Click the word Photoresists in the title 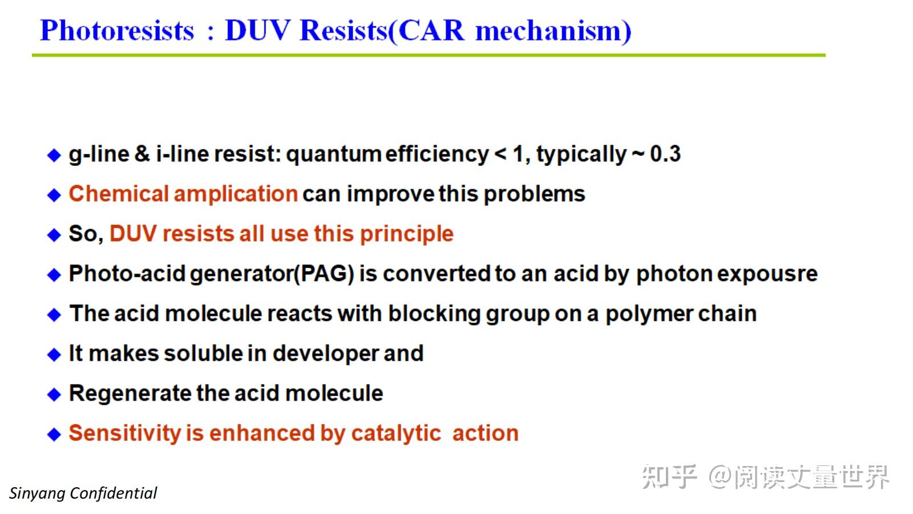(x=118, y=31)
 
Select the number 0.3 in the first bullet (x=665, y=154)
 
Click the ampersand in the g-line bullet (x=142, y=154)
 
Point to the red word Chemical (x=119, y=194)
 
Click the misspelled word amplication (x=236, y=194)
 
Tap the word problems (x=534, y=194)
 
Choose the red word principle (x=407, y=234)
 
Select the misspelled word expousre (x=767, y=274)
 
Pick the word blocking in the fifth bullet (x=434, y=314)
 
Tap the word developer (x=326, y=354)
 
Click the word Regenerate (x=130, y=393)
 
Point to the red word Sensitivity (x=125, y=433)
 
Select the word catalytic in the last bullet (x=396, y=433)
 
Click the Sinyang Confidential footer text (x=83, y=493)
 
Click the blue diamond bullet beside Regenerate (x=54, y=395)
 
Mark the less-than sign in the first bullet (x=500, y=155)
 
